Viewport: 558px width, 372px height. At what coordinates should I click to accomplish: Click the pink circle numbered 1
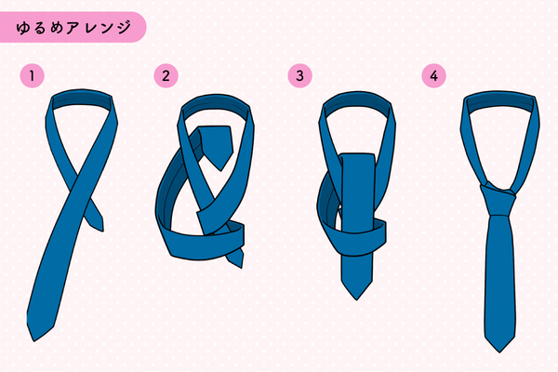32,76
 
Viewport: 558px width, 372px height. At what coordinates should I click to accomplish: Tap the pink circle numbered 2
166,76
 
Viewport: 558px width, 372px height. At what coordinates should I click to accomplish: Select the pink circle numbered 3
300,76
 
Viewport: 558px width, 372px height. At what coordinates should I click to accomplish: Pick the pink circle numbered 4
433,76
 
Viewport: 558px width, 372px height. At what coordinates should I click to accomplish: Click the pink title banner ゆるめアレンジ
73,27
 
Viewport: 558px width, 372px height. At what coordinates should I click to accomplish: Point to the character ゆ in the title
23,28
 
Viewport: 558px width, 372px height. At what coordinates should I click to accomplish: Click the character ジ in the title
124,27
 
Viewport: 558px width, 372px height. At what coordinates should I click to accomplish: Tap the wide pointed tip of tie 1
34,340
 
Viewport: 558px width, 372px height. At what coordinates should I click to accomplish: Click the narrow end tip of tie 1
102,231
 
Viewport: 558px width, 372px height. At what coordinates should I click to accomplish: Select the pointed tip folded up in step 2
221,170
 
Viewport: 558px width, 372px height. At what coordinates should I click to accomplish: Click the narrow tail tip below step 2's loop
242,267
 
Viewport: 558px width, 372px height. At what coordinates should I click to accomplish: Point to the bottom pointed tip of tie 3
356,299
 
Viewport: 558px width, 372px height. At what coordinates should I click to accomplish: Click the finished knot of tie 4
498,199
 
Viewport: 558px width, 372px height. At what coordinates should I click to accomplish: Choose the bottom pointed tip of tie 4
499,352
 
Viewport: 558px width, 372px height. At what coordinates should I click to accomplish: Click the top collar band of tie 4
499,99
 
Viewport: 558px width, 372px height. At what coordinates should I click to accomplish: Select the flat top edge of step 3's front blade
358,154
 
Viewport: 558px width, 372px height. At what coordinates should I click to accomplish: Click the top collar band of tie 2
217,103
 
